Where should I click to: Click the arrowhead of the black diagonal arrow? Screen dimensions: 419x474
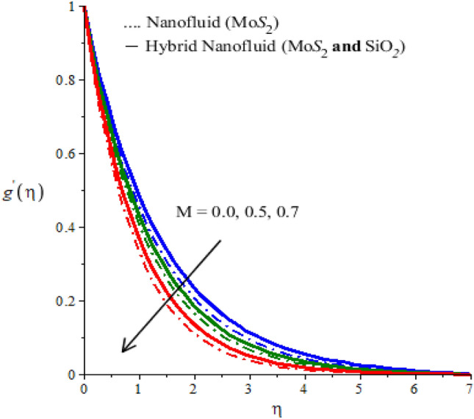coord(124,349)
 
